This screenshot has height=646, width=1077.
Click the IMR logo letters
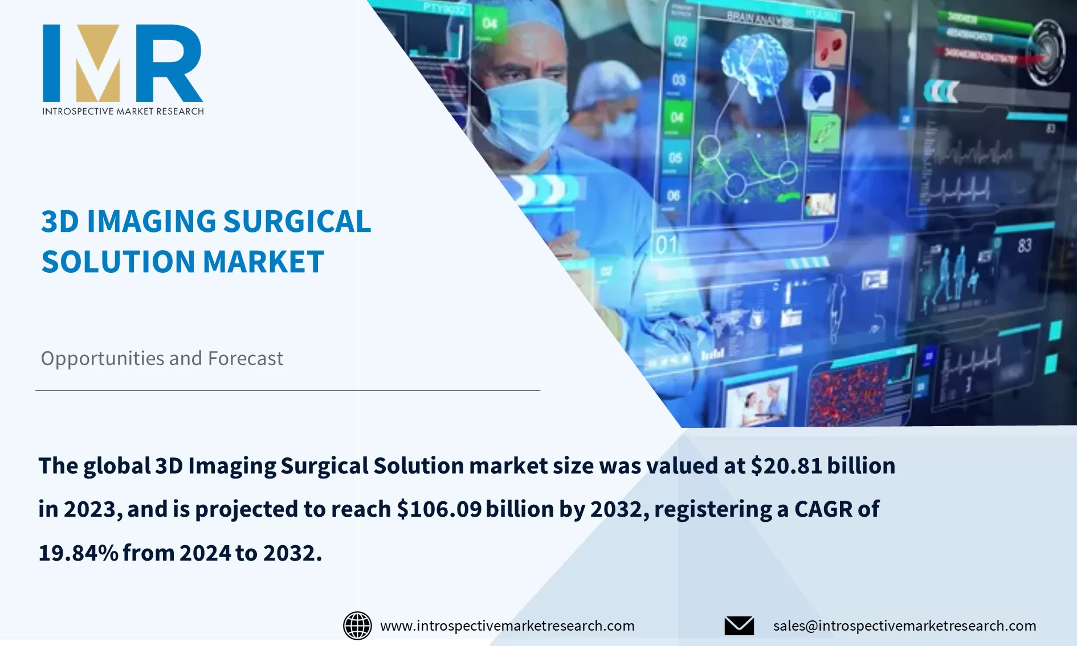pos(123,63)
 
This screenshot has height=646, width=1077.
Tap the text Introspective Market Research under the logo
pos(123,111)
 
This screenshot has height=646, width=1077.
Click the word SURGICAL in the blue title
pos(297,222)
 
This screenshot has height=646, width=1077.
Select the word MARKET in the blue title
pos(263,262)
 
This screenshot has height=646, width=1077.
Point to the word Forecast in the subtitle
pos(245,358)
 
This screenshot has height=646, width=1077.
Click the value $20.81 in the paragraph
pos(786,466)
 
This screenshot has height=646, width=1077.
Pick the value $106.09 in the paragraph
pos(439,509)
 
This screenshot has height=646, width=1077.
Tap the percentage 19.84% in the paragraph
pos(78,553)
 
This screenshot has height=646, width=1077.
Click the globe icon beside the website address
pos(357,625)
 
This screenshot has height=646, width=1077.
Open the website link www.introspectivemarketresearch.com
pos(507,625)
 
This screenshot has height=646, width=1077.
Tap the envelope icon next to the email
pos(739,625)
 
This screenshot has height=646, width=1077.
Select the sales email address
pos(904,625)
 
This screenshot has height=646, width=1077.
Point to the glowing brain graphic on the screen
pos(755,60)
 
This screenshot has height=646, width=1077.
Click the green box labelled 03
pos(678,80)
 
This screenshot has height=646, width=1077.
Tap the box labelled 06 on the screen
pos(674,195)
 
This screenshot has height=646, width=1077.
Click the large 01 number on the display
pos(667,245)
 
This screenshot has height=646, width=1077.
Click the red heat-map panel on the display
pos(848,393)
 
